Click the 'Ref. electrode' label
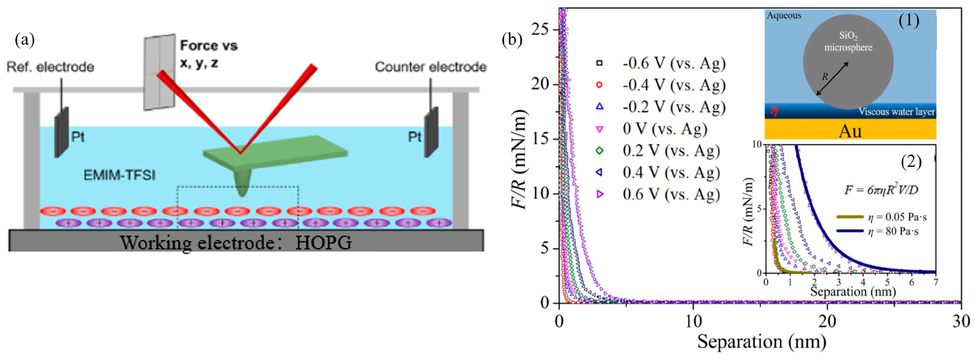[x=50, y=67]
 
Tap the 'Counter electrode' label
[x=430, y=67]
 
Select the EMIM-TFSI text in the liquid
[x=119, y=175]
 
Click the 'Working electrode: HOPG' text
[x=236, y=242]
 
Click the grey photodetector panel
[x=159, y=72]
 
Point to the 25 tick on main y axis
[x=540, y=30]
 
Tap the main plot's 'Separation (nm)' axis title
[x=761, y=341]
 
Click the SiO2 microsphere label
[x=848, y=42]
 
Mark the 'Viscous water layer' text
[x=896, y=112]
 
